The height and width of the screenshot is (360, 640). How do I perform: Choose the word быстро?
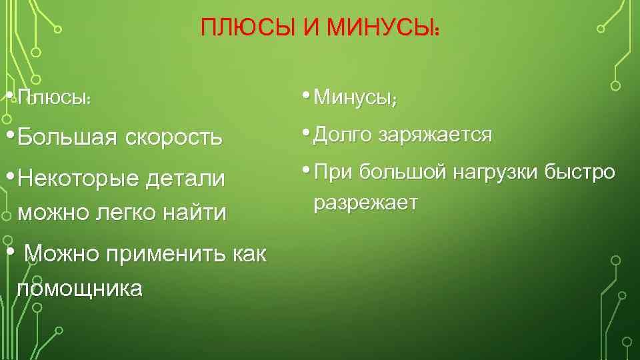[x=579, y=172]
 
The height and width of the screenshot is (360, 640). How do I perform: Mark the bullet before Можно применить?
[x=9, y=252]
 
